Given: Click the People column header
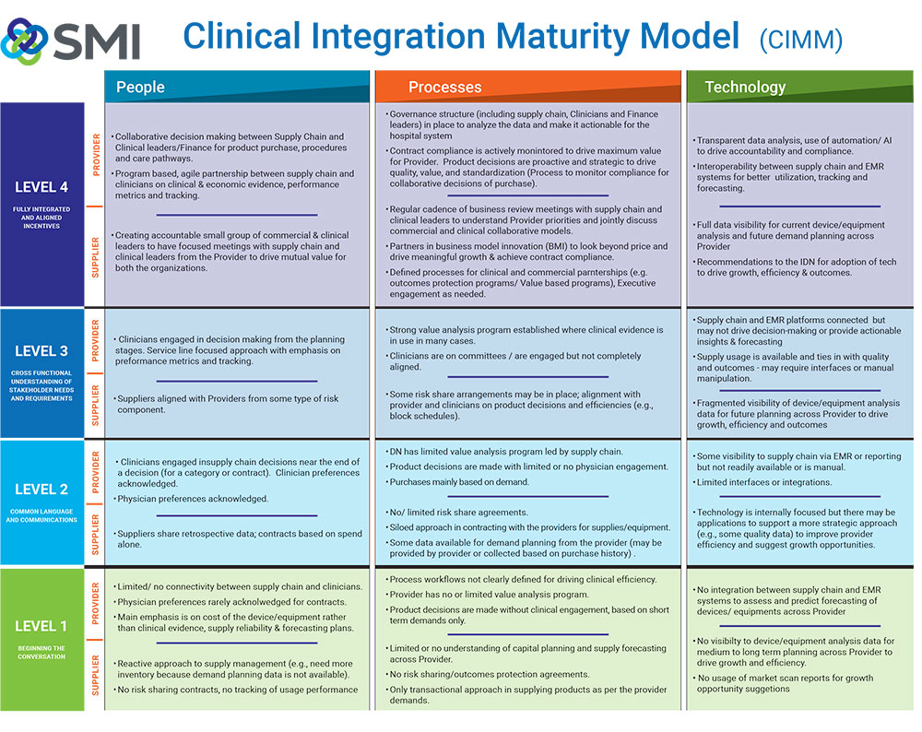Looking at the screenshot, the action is [x=140, y=87].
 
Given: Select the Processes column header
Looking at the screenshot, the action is [x=444, y=87].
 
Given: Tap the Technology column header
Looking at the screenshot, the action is [x=745, y=87].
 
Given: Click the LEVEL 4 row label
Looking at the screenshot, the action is [x=41, y=187].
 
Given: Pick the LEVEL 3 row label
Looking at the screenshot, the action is [x=41, y=351].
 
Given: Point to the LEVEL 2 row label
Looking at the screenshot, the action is [x=41, y=490].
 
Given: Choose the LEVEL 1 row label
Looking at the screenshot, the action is [x=41, y=626].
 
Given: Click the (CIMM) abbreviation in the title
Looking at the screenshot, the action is [x=801, y=40].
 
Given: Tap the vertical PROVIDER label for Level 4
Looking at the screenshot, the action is [x=96, y=155].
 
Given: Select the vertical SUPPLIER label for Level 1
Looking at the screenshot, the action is [x=96, y=675].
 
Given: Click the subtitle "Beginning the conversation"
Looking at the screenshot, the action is [x=41, y=652].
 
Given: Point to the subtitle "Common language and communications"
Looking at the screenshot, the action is [x=41, y=515].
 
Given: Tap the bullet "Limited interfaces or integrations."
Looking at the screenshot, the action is [x=762, y=482].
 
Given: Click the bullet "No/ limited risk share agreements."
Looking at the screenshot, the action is [x=457, y=512].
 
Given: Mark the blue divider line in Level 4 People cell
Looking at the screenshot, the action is [x=237, y=215].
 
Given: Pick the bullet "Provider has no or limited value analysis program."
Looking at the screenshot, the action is [x=488, y=595].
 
